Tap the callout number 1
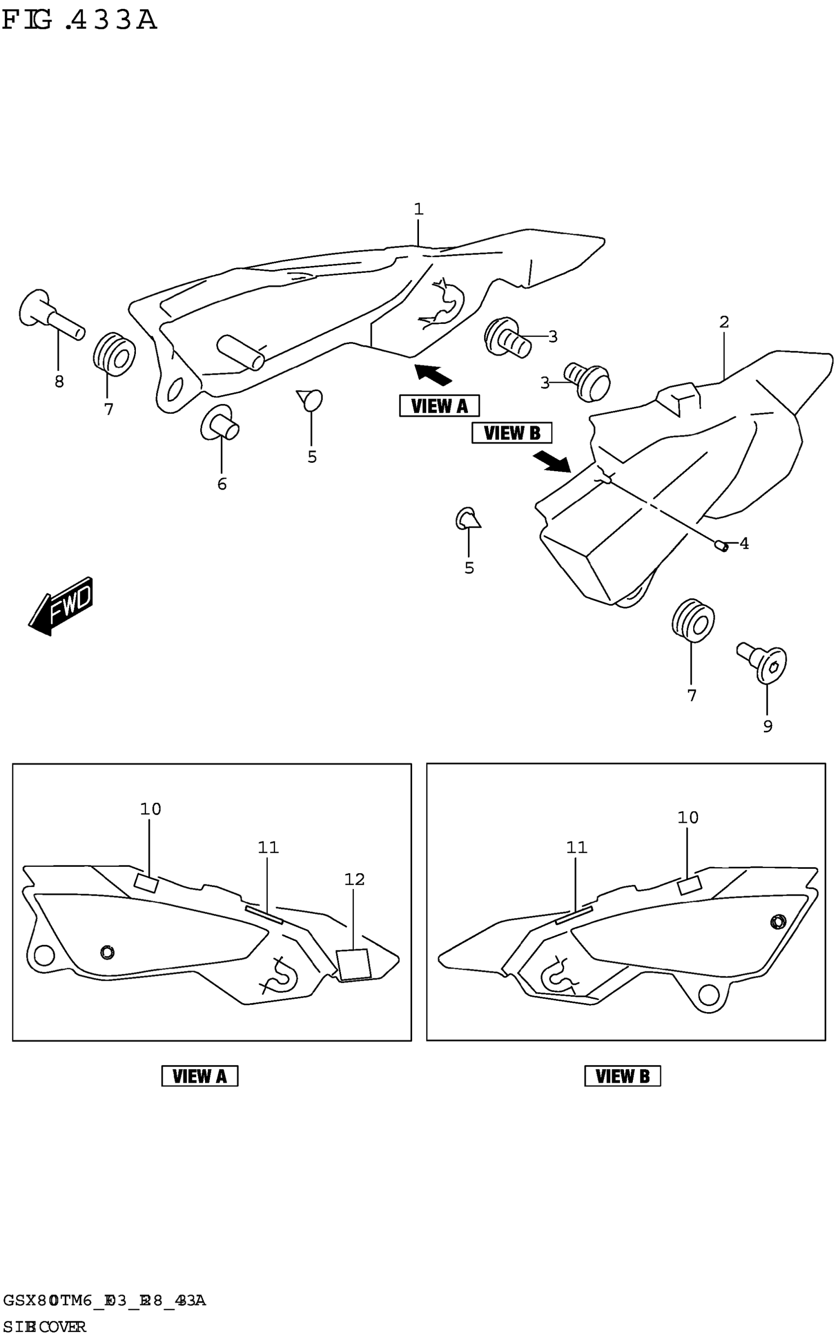point(418,209)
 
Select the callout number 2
point(724,321)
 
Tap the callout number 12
point(354,879)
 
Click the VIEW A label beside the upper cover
point(439,406)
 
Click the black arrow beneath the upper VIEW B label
point(552,461)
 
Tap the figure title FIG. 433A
point(80,21)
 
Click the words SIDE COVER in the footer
point(44,1327)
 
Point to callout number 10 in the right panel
point(687,817)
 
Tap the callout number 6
point(222,484)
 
